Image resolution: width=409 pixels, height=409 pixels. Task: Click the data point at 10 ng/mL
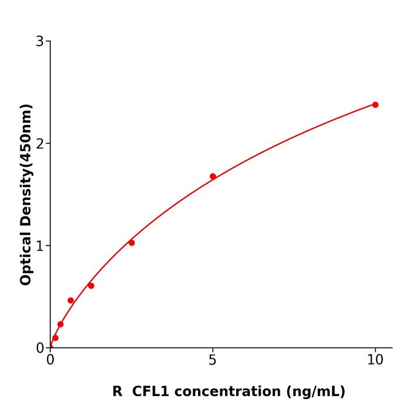click(375, 105)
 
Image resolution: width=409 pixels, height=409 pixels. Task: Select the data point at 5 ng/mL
click(213, 176)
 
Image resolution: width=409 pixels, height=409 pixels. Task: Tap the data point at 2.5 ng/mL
click(131, 242)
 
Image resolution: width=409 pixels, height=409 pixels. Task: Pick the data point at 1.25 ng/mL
click(91, 286)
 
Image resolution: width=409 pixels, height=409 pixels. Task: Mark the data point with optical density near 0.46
click(71, 300)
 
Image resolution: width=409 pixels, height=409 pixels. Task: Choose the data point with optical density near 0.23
click(60, 324)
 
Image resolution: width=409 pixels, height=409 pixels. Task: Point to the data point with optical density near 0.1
click(56, 338)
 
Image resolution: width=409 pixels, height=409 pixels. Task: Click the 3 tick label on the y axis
click(40, 41)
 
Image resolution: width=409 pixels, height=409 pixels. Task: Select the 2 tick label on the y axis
click(40, 144)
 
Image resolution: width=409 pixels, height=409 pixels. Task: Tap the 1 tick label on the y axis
click(40, 246)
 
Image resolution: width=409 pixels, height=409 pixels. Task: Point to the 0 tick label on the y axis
click(40, 348)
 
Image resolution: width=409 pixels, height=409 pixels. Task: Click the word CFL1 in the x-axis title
click(151, 391)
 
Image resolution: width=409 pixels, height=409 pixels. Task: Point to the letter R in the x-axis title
click(117, 391)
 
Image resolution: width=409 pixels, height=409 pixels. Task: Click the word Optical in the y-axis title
click(26, 257)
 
